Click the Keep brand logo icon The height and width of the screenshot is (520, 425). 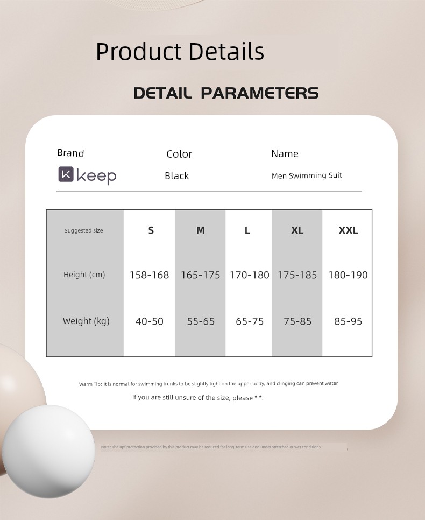(66, 174)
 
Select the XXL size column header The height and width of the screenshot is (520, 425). (348, 230)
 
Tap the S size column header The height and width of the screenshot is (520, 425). (151, 230)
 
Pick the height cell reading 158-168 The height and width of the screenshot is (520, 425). (149, 275)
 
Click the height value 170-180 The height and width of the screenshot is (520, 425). (249, 275)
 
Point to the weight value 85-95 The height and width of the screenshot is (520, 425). (348, 321)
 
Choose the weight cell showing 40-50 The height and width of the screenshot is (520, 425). (150, 321)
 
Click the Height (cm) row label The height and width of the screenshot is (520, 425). (84, 275)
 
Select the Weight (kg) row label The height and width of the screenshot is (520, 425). (86, 321)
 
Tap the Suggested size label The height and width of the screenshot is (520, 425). (83, 230)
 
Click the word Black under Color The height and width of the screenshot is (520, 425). (176, 176)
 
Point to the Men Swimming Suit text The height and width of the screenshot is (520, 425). (307, 176)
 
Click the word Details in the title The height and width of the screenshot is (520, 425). (226, 51)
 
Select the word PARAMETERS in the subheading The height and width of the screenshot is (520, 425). (260, 93)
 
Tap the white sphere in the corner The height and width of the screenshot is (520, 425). (48, 451)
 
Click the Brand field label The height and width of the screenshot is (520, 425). (70, 153)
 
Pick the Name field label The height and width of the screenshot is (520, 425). (285, 153)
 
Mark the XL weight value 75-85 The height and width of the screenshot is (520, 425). (297, 321)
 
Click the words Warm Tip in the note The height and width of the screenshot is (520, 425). (90, 384)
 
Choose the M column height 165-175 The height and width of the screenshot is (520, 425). (200, 275)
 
